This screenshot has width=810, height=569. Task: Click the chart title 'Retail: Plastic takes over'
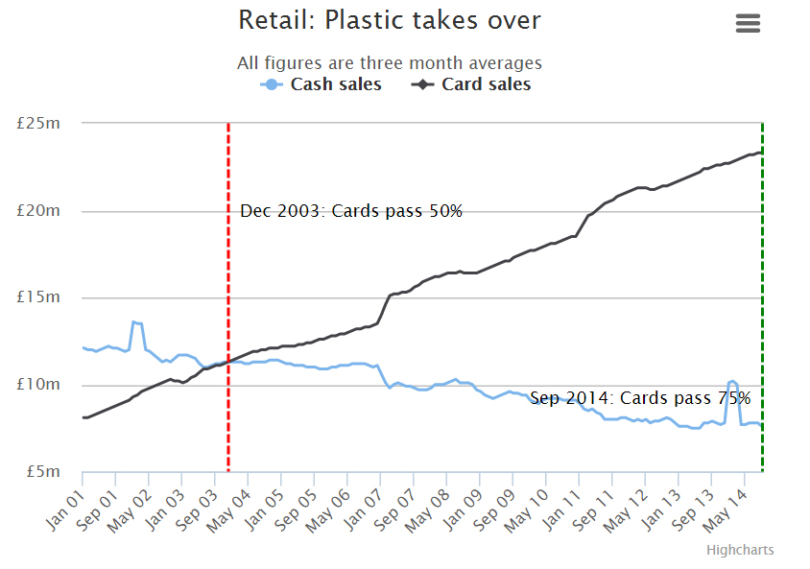(389, 20)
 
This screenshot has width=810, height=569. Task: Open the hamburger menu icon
(748, 24)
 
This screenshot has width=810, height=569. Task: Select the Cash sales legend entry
(322, 84)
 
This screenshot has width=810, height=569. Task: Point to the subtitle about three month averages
(389, 63)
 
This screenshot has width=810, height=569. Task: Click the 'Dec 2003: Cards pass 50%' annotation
(351, 211)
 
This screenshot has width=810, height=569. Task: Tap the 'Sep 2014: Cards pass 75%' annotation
(640, 398)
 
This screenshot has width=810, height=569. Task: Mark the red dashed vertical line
(228, 288)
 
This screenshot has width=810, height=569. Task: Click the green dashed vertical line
(762, 288)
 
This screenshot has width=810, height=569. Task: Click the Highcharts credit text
(740, 550)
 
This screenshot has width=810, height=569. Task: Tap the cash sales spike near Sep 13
(732, 382)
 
